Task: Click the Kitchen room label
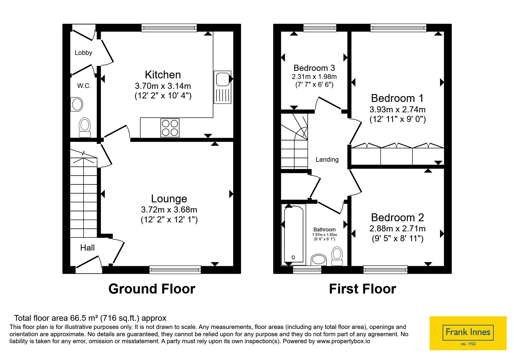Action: coord(163,75)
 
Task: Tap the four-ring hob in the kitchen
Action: coord(170,128)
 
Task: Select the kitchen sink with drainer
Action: coord(223,87)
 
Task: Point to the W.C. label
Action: coord(84,86)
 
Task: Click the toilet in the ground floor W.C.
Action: coord(85,127)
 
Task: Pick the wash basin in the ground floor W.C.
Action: coord(77,104)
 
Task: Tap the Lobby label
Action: coord(83,53)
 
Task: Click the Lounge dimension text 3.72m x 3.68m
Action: coord(169,209)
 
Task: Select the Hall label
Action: coord(87,248)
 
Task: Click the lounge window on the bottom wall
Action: coord(175,270)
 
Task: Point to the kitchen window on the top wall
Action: coord(169,28)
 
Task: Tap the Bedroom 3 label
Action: coord(314,68)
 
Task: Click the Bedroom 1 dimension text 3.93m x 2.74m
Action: coord(398,109)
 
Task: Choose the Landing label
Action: coord(327,159)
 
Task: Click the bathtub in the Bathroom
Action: coord(294,235)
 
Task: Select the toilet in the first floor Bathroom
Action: coord(337,256)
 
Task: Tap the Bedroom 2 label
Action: coord(398,217)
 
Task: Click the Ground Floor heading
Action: coord(152,289)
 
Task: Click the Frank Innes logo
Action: coord(468,333)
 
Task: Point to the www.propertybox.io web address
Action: coord(343,341)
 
